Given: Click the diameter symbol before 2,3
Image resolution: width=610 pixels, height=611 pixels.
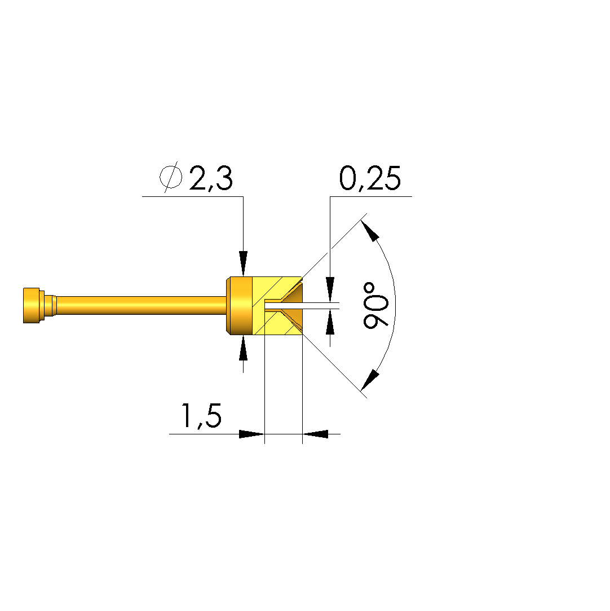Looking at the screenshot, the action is click(x=171, y=177).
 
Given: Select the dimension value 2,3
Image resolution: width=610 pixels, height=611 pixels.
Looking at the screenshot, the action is click(x=211, y=178).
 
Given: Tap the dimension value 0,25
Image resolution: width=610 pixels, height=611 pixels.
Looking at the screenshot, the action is click(x=370, y=178).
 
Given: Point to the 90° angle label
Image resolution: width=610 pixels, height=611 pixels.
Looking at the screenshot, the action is click(x=375, y=305).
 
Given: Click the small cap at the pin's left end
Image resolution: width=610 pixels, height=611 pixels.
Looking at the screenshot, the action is click(x=31, y=306).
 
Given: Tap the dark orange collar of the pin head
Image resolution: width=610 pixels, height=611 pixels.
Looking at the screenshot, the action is click(x=240, y=306).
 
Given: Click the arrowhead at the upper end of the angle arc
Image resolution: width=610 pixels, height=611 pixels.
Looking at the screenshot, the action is click(x=370, y=231).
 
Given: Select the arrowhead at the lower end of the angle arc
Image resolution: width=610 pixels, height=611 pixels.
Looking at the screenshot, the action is click(x=370, y=380).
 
